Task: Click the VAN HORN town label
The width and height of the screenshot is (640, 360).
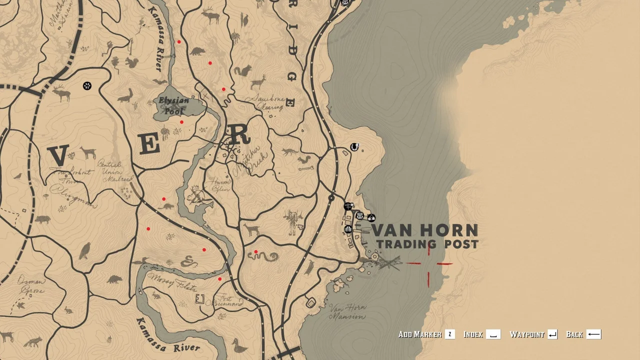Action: coord(424,230)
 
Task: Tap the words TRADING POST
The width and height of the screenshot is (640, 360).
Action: coord(427,244)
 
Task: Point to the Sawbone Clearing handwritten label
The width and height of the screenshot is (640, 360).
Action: coord(268,102)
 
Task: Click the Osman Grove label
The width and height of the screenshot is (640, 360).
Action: coord(31,284)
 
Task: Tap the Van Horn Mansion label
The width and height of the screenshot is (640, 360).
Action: coord(347,311)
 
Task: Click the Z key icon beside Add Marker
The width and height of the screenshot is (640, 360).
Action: coord(450,334)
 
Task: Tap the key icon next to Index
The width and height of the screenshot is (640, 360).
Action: coord(493,334)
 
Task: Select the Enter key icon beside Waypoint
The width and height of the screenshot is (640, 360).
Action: coord(552,334)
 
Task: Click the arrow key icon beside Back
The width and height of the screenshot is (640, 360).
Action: coord(593,334)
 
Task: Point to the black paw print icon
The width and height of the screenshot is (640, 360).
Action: coord(87,86)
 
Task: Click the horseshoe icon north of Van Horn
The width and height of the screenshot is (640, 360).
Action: coord(354,147)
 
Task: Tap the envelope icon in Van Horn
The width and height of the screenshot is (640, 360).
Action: coord(359,216)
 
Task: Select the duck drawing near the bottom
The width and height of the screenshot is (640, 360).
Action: coord(239,345)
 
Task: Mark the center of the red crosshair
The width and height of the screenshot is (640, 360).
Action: coord(428,263)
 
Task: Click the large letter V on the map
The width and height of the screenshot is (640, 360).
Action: coord(58,155)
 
